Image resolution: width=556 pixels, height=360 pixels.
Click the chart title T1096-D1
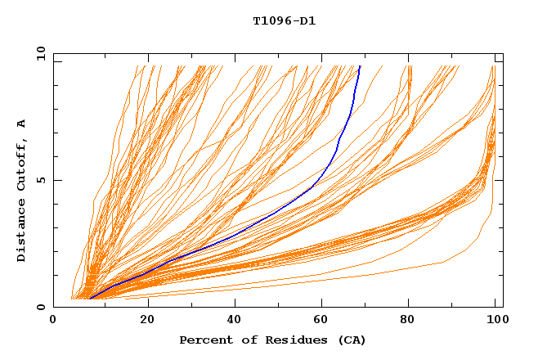(285, 20)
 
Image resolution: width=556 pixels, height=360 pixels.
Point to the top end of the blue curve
(360, 66)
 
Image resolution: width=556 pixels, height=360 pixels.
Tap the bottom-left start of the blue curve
(89, 299)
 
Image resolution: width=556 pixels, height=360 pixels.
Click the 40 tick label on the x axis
(235, 321)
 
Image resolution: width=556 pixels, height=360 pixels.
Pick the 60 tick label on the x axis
(324, 321)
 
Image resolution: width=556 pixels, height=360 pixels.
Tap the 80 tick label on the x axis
(412, 321)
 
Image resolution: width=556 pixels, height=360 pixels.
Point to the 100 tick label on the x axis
(496, 321)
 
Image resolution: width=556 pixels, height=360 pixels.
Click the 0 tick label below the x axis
(54, 321)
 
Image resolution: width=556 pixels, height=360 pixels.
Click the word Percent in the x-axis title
(203, 340)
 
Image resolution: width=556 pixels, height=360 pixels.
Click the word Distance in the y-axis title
(21, 232)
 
